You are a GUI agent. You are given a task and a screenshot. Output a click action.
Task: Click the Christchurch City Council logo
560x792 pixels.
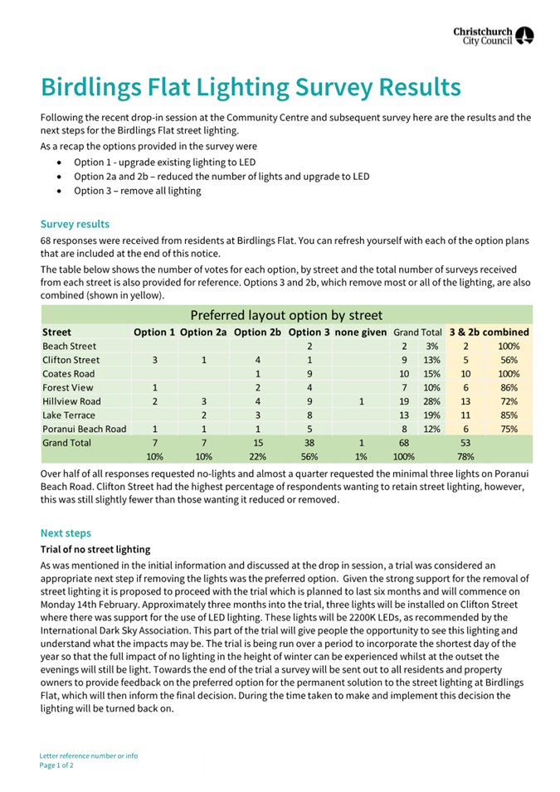(493, 35)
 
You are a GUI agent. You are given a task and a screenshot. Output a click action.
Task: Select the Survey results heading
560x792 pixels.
(75, 224)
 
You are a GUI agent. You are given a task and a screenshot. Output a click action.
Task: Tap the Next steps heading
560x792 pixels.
(66, 533)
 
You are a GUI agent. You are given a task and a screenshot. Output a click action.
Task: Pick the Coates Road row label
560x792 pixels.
(70, 374)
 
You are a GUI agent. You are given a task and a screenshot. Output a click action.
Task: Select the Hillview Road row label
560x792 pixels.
(72, 401)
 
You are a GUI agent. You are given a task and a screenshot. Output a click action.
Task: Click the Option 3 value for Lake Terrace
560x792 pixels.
(309, 415)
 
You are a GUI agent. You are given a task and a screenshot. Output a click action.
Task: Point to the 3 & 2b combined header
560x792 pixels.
(489, 333)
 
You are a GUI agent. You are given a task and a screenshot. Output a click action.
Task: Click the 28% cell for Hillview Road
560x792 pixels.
(431, 401)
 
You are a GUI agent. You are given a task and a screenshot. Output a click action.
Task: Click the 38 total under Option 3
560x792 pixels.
(309, 443)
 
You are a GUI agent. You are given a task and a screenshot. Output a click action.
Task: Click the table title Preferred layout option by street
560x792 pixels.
(286, 315)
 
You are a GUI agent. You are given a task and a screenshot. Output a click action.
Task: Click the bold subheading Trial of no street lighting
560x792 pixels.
(95, 549)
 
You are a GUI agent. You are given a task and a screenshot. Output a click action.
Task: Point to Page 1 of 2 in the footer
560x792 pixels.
(56, 765)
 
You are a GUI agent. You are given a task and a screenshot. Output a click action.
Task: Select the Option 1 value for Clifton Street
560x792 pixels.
(155, 360)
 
